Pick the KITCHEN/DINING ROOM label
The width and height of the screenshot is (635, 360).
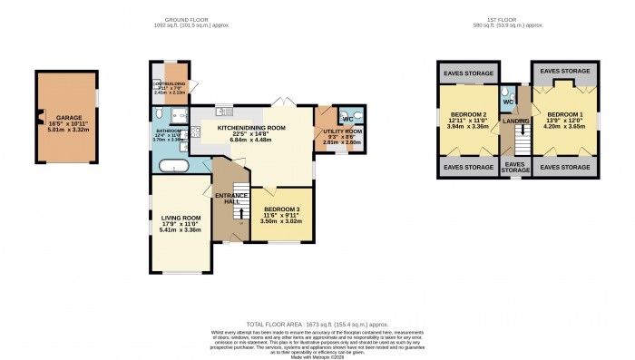tap(250, 128)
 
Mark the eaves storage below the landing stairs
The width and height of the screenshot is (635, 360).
tap(516, 166)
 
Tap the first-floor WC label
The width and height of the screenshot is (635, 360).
tap(509, 101)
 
